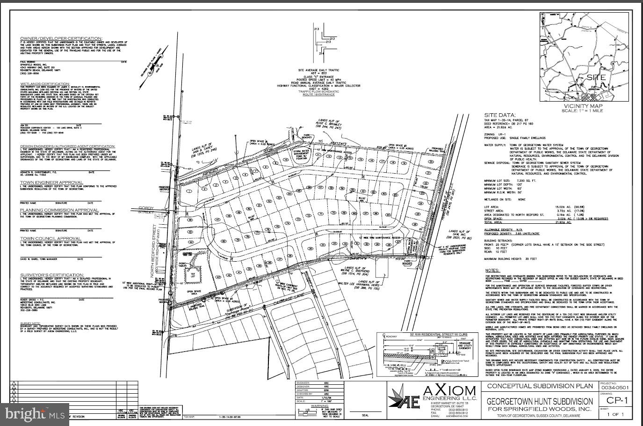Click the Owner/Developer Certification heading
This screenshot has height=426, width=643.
point(61,38)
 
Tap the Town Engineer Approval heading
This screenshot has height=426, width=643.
point(51,182)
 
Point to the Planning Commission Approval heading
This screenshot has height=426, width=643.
point(59,210)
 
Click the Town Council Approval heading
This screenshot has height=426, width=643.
point(51,238)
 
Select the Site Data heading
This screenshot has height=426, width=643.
point(499,115)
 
